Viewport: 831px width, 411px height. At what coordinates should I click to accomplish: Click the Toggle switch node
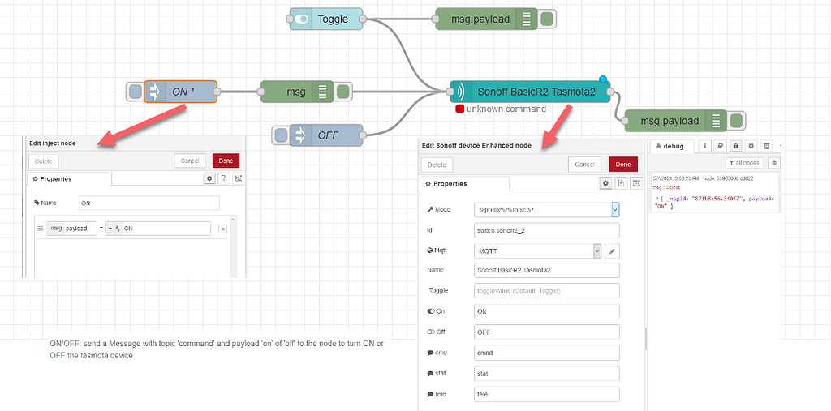[326, 19]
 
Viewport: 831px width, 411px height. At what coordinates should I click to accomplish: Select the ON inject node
[180, 92]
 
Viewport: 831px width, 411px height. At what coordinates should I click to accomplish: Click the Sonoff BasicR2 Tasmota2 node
[531, 92]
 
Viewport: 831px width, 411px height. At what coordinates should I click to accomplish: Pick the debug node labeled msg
[295, 92]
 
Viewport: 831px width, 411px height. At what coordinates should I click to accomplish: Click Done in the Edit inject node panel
[226, 161]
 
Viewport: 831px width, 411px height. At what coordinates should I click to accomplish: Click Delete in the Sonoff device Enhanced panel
[437, 165]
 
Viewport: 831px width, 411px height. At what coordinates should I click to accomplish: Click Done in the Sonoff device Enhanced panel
[623, 165]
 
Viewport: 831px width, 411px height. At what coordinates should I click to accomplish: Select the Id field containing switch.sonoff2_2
[546, 230]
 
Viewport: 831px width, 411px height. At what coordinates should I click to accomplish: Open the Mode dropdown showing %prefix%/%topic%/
[546, 209]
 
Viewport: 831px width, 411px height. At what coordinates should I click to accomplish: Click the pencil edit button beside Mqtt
[613, 251]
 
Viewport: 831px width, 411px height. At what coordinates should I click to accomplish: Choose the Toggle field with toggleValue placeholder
[546, 290]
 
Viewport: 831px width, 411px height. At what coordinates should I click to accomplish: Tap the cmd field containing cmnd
[546, 353]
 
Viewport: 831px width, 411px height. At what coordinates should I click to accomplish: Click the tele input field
[546, 395]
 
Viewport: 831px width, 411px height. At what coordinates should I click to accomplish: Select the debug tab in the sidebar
[674, 147]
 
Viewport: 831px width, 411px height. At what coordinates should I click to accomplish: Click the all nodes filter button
[744, 163]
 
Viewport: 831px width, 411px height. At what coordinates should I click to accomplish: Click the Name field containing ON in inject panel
[149, 203]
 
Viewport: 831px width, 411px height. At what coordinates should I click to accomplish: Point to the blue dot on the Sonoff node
[603, 79]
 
